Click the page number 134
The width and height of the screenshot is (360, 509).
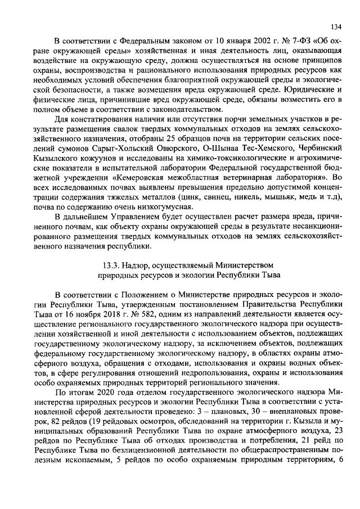click(336, 27)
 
